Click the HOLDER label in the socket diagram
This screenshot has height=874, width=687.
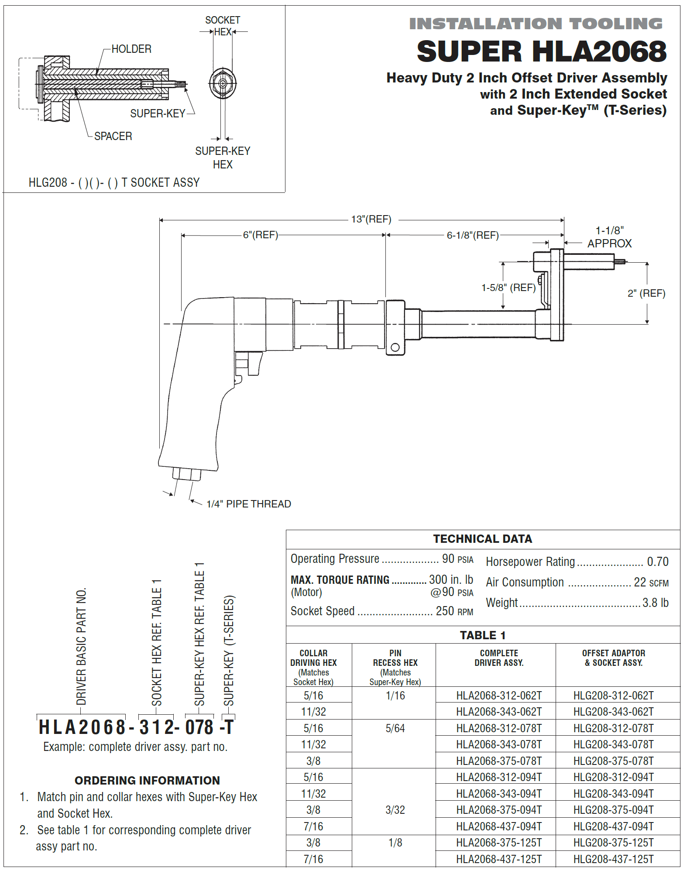pyautogui.click(x=131, y=49)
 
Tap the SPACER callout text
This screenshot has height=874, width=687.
pyautogui.click(x=113, y=136)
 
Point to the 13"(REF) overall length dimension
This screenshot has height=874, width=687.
pyautogui.click(x=371, y=219)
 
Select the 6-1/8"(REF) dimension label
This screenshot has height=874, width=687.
pyautogui.click(x=473, y=235)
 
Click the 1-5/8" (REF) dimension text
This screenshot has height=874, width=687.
pyautogui.click(x=508, y=288)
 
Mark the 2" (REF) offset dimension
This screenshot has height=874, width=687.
pyautogui.click(x=646, y=293)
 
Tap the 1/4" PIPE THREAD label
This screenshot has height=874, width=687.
pyautogui.click(x=248, y=504)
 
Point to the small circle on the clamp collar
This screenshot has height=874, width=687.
pyautogui.click(x=395, y=347)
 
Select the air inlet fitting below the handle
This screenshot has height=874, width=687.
pyautogui.click(x=187, y=474)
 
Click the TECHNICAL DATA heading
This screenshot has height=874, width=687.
pyautogui.click(x=482, y=539)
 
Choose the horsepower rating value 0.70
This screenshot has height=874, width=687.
pyautogui.click(x=657, y=562)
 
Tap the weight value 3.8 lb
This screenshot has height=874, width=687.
pyautogui.click(x=655, y=603)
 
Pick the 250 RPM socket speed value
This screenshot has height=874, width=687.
pyautogui.click(x=454, y=611)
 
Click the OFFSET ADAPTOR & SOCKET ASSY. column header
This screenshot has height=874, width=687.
pyautogui.click(x=613, y=658)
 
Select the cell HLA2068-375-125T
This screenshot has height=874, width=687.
pyautogui.click(x=499, y=843)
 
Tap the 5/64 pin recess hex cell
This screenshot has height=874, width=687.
pyautogui.click(x=395, y=728)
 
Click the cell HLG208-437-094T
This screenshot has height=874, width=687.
pyautogui.click(x=613, y=826)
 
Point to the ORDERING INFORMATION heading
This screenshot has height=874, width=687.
pyautogui.click(x=147, y=780)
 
